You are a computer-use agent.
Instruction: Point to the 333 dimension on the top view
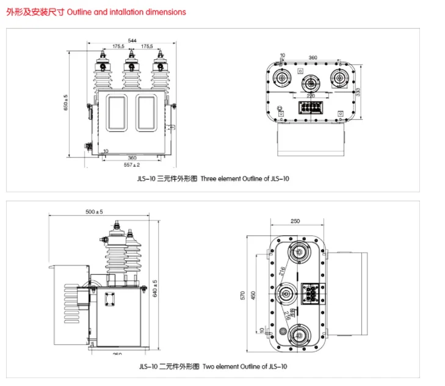(358, 91)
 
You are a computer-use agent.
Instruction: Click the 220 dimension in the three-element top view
(311, 96)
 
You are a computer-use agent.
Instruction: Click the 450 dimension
(254, 296)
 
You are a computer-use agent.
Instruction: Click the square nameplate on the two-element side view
(111, 299)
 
